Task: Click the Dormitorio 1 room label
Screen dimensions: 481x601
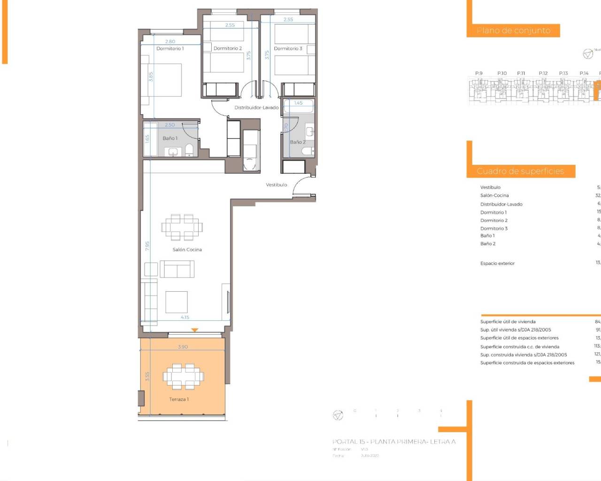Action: [170, 48]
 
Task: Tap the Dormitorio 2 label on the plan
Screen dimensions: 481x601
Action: [228, 48]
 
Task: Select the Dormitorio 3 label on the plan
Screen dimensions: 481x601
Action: [288, 48]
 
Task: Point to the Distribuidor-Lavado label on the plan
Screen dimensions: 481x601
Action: [256, 108]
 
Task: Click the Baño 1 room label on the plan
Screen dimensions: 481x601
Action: [170, 138]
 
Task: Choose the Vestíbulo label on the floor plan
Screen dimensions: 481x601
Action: [277, 185]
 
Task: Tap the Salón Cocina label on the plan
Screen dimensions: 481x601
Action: [187, 249]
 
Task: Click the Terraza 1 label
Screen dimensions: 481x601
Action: [179, 399]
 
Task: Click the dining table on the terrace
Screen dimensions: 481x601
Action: [183, 376]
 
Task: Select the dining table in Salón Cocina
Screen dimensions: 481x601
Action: [182, 227]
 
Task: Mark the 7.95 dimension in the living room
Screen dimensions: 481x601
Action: [147, 246]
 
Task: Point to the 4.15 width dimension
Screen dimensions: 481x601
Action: [185, 318]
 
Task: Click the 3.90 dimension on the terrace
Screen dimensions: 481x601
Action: [183, 347]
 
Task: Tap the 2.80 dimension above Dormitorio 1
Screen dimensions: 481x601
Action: [170, 41]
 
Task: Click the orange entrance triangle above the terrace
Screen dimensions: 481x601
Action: [195, 330]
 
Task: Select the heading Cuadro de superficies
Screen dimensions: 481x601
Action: [520, 171]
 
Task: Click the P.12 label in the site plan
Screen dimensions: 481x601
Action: [543, 73]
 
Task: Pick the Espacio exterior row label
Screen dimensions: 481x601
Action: [497, 264]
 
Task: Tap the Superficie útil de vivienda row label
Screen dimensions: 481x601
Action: [508, 322]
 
